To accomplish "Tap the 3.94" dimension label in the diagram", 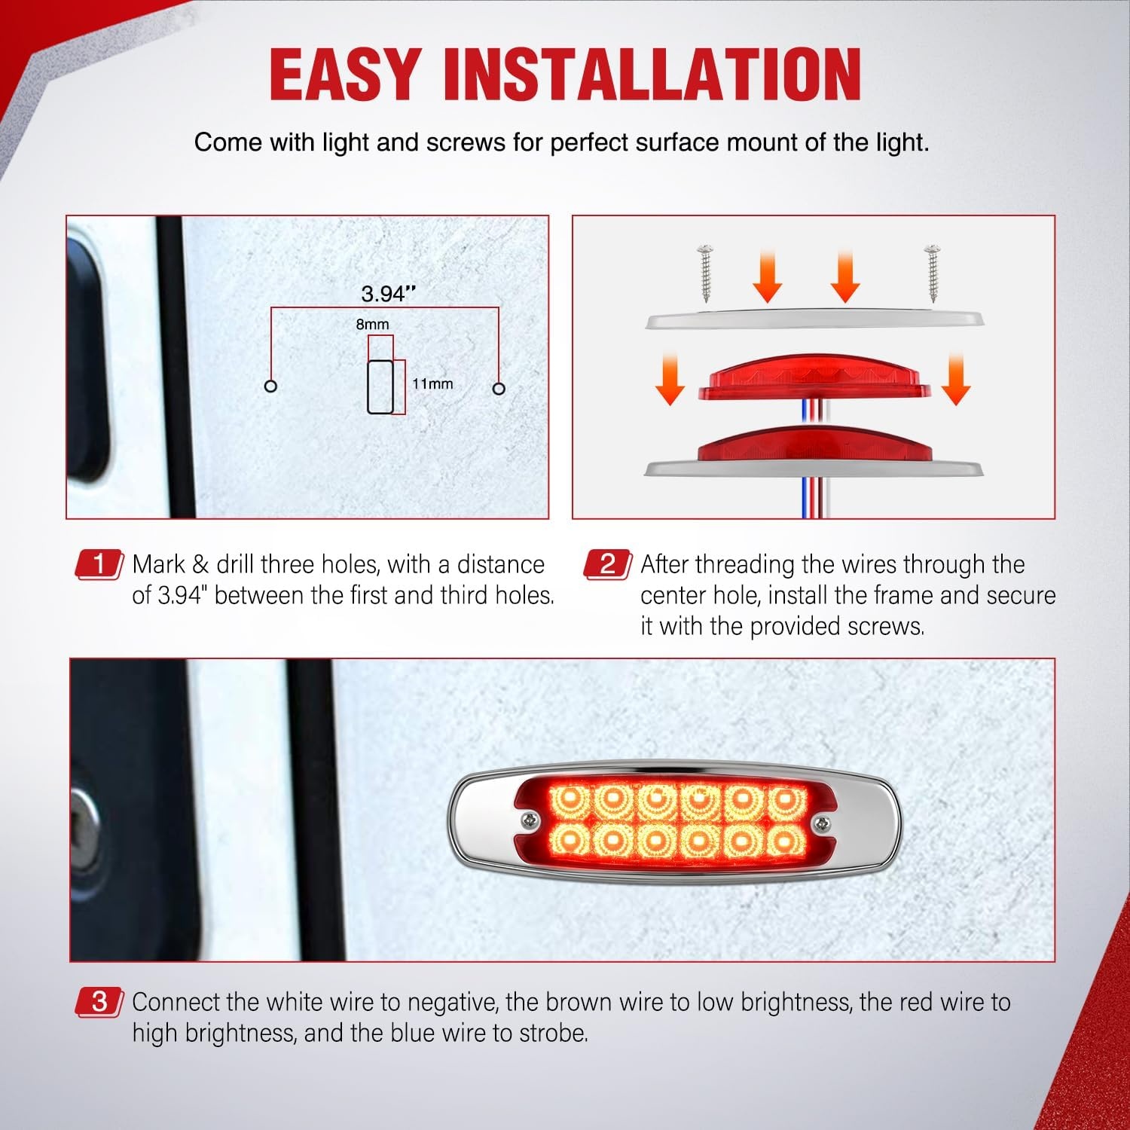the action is click(x=389, y=294).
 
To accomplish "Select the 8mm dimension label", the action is click(x=373, y=324).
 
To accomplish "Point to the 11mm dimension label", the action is click(x=432, y=383).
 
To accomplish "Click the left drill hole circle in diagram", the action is click(x=271, y=386).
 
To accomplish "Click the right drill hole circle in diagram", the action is click(x=499, y=389).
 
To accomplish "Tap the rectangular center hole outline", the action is click(x=380, y=386).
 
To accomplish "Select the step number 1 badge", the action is click(x=99, y=564).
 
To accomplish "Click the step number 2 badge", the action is click(x=608, y=564).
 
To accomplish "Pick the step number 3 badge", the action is click(x=99, y=1002).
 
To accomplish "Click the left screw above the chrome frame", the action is click(x=706, y=272).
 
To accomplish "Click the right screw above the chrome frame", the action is click(x=933, y=272).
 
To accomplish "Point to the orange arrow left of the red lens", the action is click(x=670, y=380).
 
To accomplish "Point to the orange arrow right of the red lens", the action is click(x=956, y=380).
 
